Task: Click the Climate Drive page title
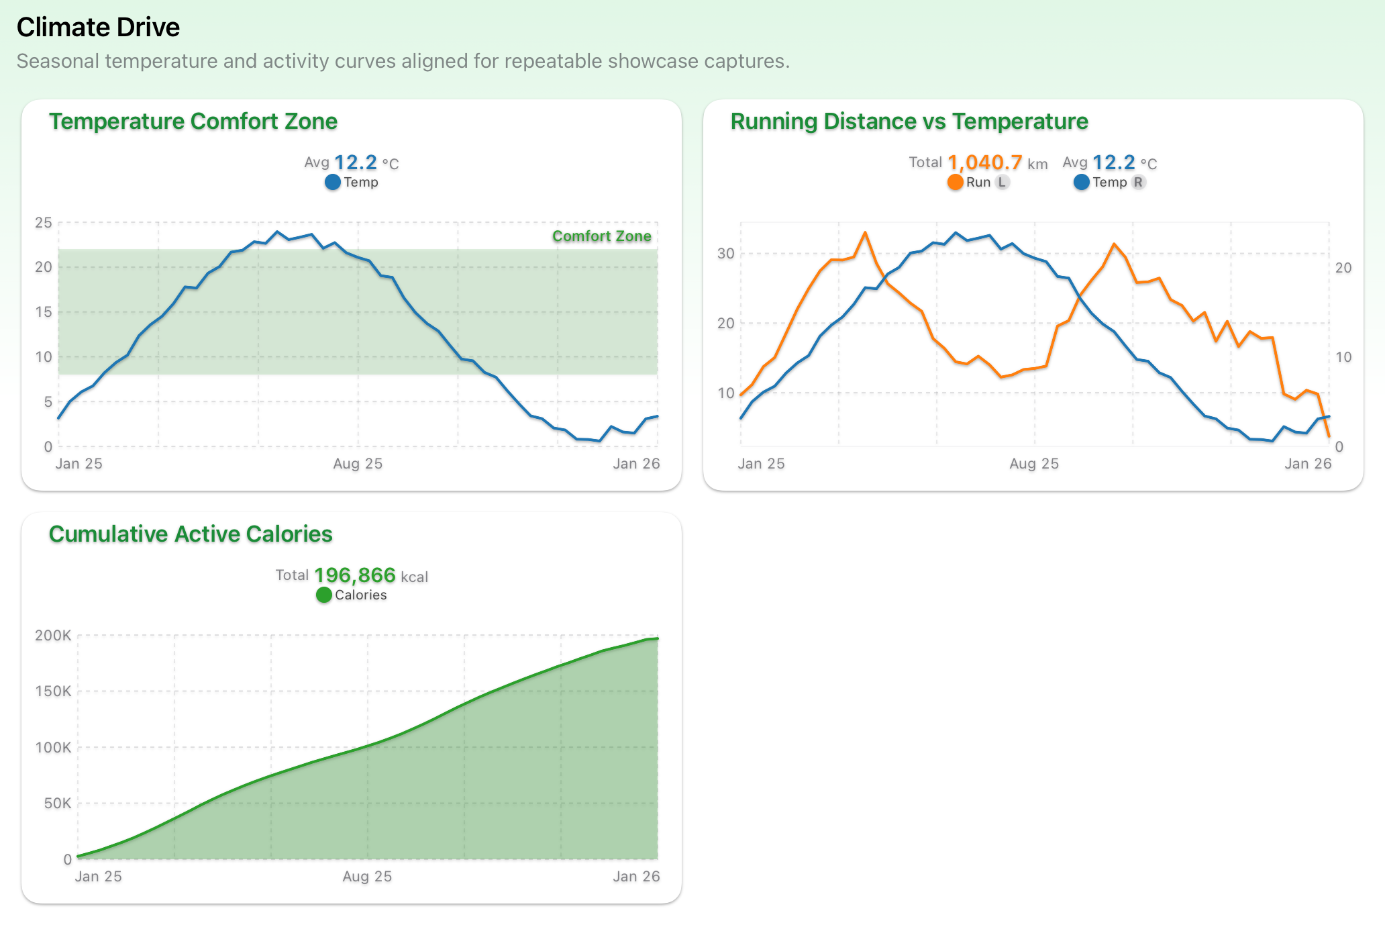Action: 98,28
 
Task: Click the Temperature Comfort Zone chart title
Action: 193,121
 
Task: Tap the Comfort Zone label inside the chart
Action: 601,236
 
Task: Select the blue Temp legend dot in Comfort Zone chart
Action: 332,182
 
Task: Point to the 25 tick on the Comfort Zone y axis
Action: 44,223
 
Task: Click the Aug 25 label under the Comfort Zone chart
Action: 358,464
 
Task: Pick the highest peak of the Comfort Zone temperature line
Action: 277,232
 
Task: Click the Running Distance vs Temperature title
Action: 909,121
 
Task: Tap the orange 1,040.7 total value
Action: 984,162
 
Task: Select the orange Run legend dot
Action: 955,182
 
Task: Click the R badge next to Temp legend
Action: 1138,182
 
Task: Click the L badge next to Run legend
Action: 1002,182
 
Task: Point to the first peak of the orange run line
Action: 865,233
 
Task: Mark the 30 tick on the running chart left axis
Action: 725,254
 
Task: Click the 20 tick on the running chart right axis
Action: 1343,268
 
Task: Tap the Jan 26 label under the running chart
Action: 1307,464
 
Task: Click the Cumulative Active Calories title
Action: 191,534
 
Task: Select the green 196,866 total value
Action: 355,575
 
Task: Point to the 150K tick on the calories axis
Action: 53,691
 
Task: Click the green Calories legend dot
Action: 323,595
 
